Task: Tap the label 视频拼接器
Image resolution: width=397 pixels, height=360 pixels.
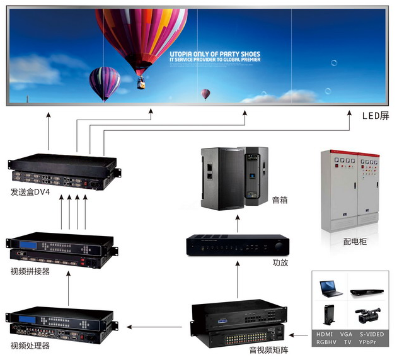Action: tap(30, 271)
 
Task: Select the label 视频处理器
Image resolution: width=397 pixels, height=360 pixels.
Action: tap(30, 346)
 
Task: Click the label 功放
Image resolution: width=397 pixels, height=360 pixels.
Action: tap(280, 262)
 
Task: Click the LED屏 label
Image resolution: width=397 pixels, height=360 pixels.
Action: tap(376, 116)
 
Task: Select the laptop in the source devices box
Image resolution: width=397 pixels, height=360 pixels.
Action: tap(331, 287)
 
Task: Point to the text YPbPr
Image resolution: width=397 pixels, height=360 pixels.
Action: tap(371, 342)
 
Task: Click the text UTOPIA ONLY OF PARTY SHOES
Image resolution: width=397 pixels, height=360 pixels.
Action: tap(215, 55)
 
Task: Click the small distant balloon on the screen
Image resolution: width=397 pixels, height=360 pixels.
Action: tap(205, 94)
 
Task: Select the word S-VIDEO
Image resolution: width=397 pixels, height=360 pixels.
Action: tap(371, 335)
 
